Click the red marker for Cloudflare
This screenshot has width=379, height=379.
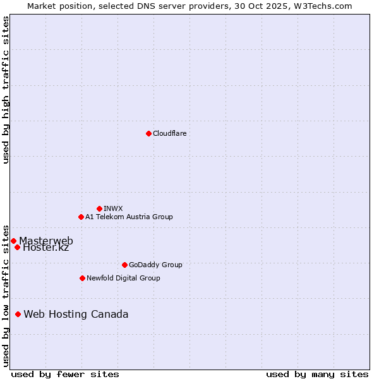(148, 133)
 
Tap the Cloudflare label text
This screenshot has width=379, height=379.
(169, 133)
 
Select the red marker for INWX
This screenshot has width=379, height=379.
(99, 208)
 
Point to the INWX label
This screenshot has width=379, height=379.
(113, 208)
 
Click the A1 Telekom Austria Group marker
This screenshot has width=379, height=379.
(81, 217)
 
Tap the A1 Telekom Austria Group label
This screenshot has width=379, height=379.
(129, 217)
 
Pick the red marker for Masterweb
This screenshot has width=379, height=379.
(13, 241)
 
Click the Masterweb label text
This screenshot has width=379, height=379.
(46, 241)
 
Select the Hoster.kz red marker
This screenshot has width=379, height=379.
(17, 247)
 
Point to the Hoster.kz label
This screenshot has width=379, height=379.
(45, 248)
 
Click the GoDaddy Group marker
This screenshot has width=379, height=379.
(124, 265)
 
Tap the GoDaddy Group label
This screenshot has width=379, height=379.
(155, 265)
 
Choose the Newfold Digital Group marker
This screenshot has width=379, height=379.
(82, 278)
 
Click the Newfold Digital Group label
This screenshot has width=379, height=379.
(123, 278)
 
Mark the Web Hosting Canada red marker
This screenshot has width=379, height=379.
(18, 314)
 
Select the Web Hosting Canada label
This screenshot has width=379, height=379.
(76, 315)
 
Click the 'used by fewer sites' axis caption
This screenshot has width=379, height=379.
(65, 374)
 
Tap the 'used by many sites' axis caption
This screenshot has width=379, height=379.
(317, 374)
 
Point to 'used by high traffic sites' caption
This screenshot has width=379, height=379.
(6, 90)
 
